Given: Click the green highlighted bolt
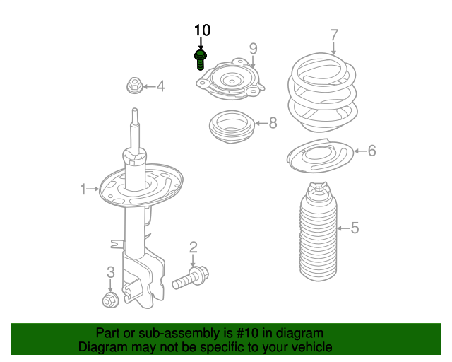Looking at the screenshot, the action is pyautogui.click(x=201, y=60).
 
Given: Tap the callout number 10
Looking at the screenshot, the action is pyautogui.click(x=202, y=30).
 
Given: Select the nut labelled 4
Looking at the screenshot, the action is pyautogui.click(x=134, y=86).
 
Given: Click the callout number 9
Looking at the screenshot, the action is pyautogui.click(x=253, y=49).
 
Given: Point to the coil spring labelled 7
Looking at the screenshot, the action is pyautogui.click(x=322, y=93).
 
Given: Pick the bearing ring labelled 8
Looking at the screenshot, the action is pyautogui.click(x=232, y=127).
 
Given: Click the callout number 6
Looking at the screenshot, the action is pyautogui.click(x=372, y=151).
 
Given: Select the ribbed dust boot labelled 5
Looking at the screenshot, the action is pyautogui.click(x=319, y=232).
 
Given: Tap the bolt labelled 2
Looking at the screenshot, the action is pyautogui.click(x=190, y=278).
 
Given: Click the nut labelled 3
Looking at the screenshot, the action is pyautogui.click(x=110, y=300).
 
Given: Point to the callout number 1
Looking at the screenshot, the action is pyautogui.click(x=83, y=189).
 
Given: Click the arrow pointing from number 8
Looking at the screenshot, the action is pyautogui.click(x=261, y=123).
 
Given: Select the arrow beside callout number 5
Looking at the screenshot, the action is pyautogui.click(x=343, y=228).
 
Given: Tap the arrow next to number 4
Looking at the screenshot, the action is pyautogui.click(x=149, y=86).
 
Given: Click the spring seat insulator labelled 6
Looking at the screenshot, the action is pyautogui.click(x=320, y=156).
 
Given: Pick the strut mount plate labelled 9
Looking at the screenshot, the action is pyautogui.click(x=230, y=79).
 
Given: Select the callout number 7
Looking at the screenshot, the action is pyautogui.click(x=334, y=35).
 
